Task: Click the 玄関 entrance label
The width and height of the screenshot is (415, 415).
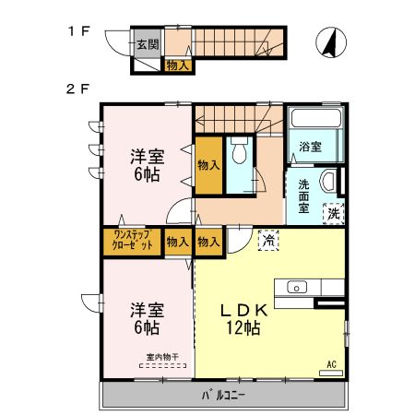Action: coord(148,44)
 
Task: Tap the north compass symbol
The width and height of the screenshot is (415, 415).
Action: coord(331,42)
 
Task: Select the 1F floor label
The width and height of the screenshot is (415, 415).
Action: coord(78,31)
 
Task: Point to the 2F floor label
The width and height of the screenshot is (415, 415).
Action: coord(77,89)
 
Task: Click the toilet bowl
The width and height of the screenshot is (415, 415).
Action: coord(240,150)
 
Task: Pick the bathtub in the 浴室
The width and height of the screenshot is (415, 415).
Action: coord(316,118)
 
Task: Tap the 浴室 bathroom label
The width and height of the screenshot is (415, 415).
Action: coord(310,147)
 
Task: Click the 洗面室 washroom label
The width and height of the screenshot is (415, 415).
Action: coord(303,196)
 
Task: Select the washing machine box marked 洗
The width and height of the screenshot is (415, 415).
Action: coord(333,214)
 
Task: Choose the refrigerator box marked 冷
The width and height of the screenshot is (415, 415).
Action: coord(268,240)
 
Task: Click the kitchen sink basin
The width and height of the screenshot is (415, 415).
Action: coord(297,288)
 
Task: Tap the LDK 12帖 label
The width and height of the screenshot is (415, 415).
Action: coord(244,319)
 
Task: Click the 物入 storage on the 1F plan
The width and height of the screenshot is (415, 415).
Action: coord(178,65)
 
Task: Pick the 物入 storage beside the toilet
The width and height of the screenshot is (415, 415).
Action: coord(208,165)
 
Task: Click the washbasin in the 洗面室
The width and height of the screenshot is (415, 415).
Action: coord(327,182)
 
